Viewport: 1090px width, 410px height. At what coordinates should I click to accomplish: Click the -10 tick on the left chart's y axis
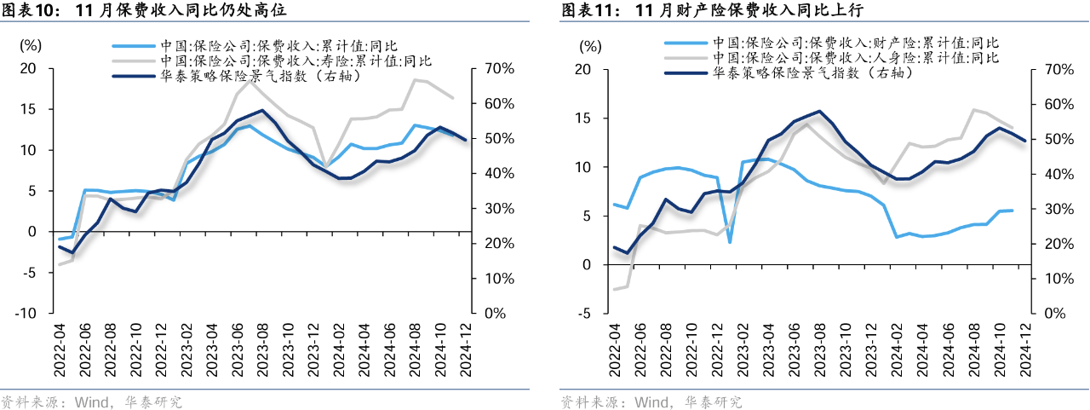(27, 313)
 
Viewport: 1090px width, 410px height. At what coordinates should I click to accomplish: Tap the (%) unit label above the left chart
(30, 45)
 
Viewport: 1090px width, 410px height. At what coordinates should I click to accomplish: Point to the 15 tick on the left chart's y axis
(30, 109)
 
